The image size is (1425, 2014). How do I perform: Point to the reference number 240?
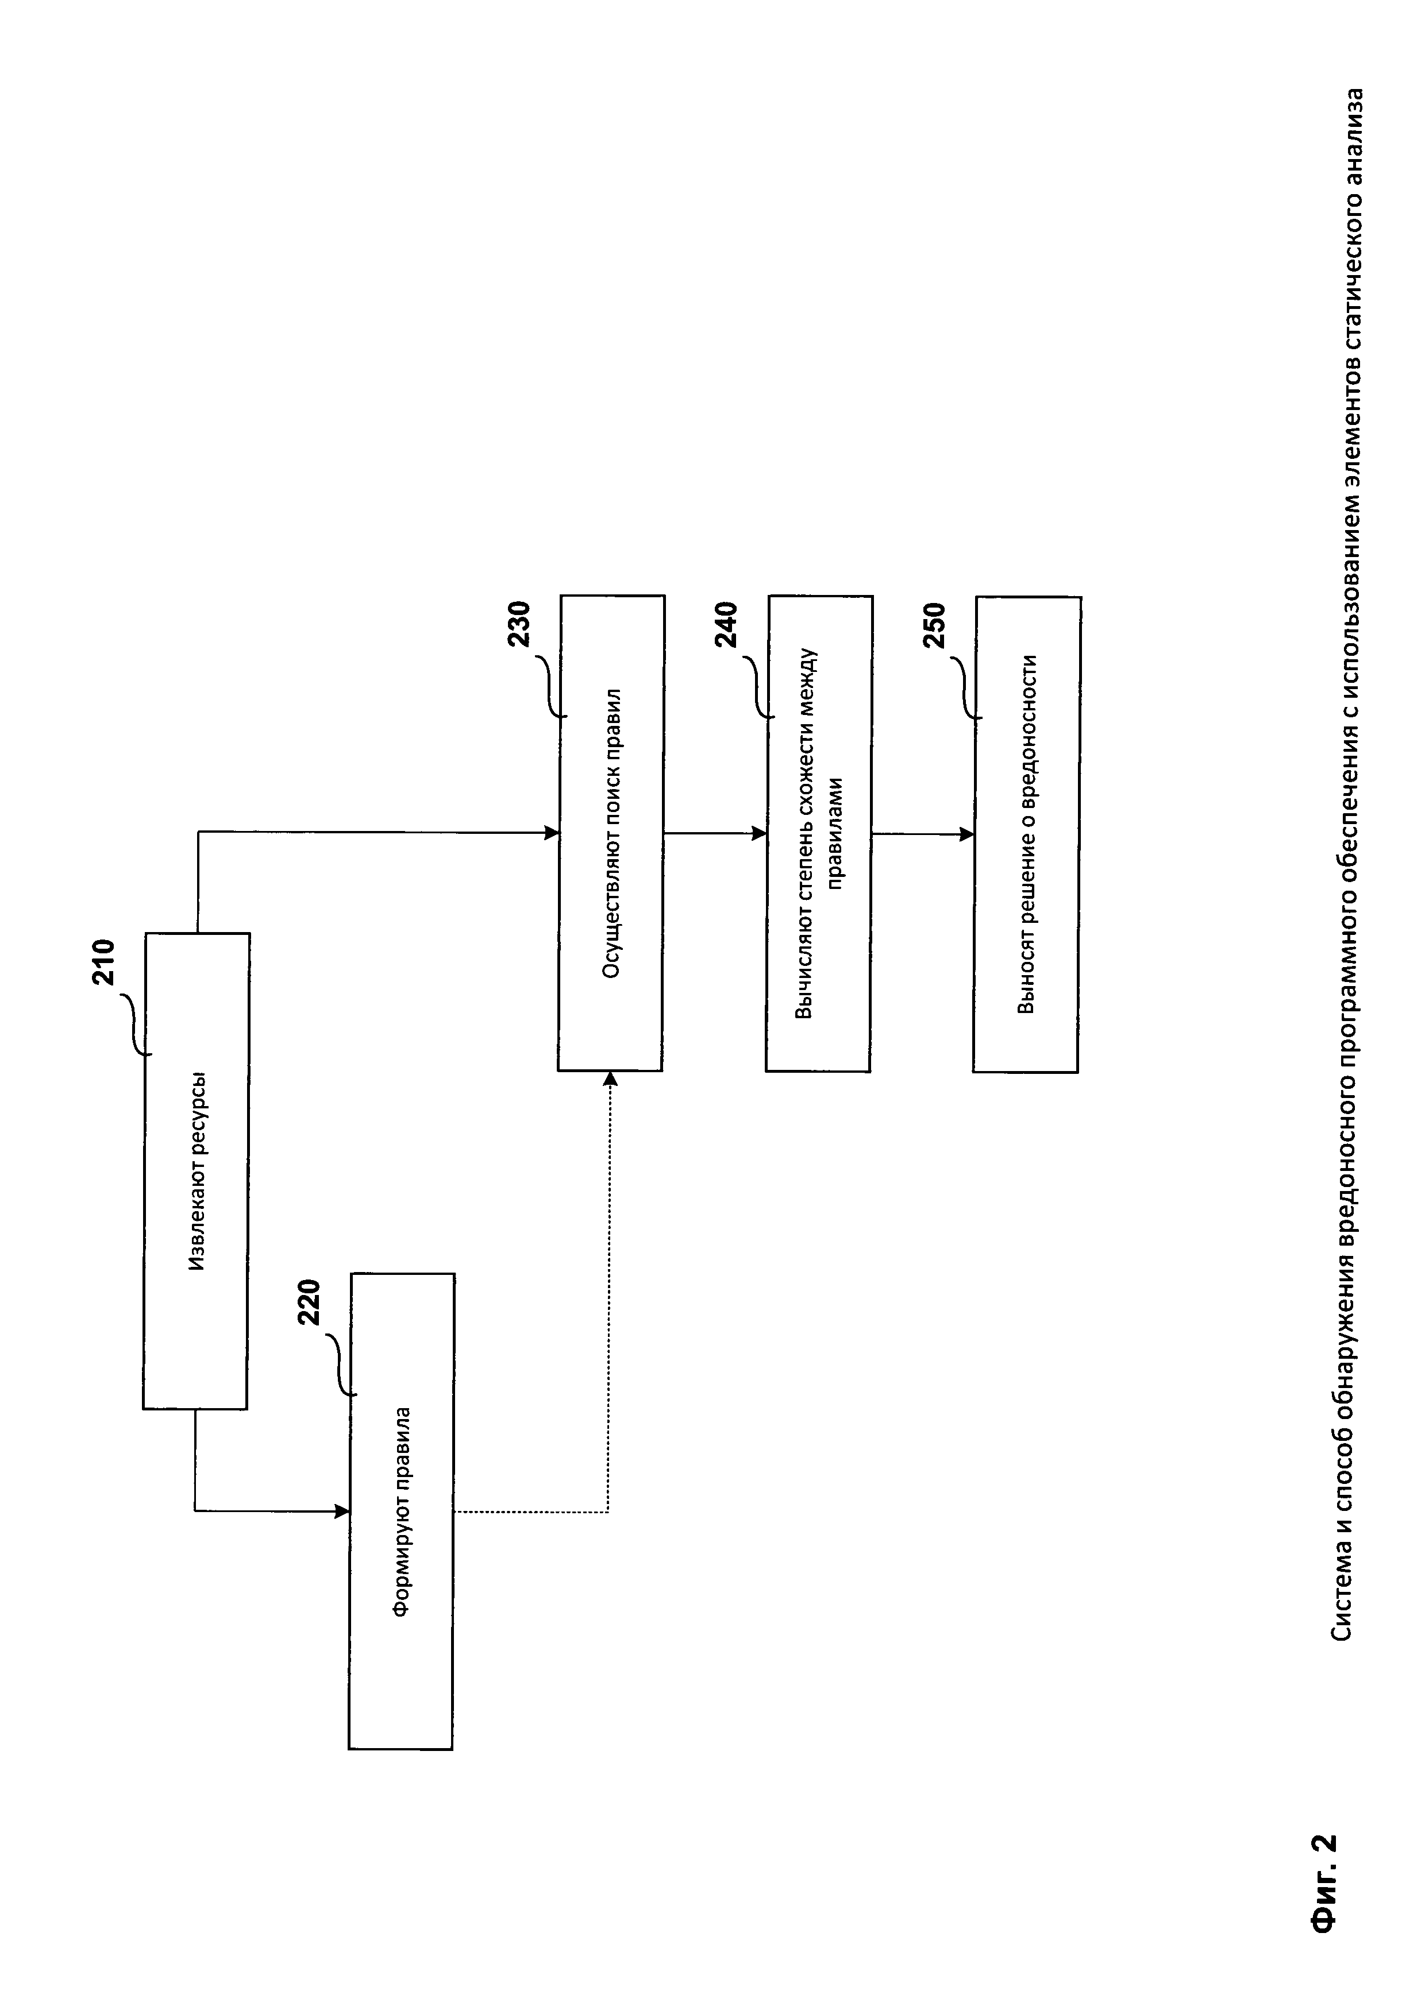(726, 625)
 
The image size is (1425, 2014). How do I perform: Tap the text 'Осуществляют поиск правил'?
(611, 833)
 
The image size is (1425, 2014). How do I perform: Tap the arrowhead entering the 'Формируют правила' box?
(342, 1510)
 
